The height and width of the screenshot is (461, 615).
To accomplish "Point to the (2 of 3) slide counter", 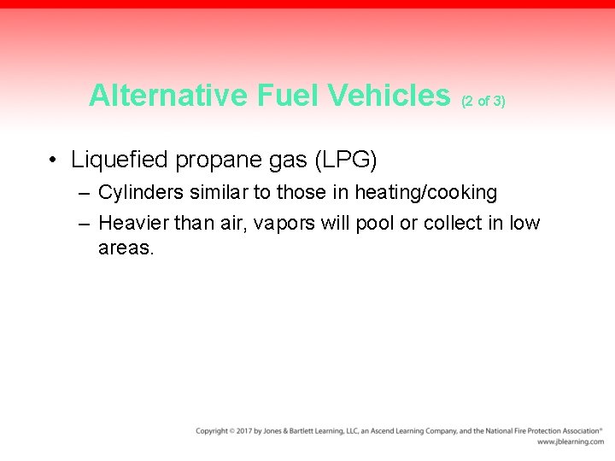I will point(483,101).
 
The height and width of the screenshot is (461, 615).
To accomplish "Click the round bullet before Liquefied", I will point(53,160).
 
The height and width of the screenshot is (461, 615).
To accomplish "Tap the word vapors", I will point(289,224).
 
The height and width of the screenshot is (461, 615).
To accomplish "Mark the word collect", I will point(460,224).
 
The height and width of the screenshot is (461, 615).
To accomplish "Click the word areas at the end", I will point(126,248).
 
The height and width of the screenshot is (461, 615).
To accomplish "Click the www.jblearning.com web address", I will point(569,442).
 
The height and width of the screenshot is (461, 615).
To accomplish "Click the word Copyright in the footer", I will point(212,431).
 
